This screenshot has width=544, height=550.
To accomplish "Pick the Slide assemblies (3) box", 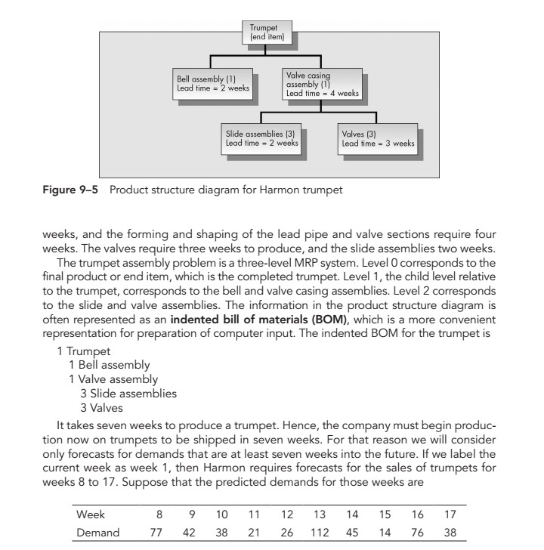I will [262, 137].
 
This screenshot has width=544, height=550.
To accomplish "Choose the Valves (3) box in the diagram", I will [379, 137].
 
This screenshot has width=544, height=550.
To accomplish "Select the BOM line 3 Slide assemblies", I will [128, 394].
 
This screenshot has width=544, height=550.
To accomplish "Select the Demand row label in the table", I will [98, 533].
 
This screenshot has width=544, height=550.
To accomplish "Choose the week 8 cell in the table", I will [159, 514].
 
